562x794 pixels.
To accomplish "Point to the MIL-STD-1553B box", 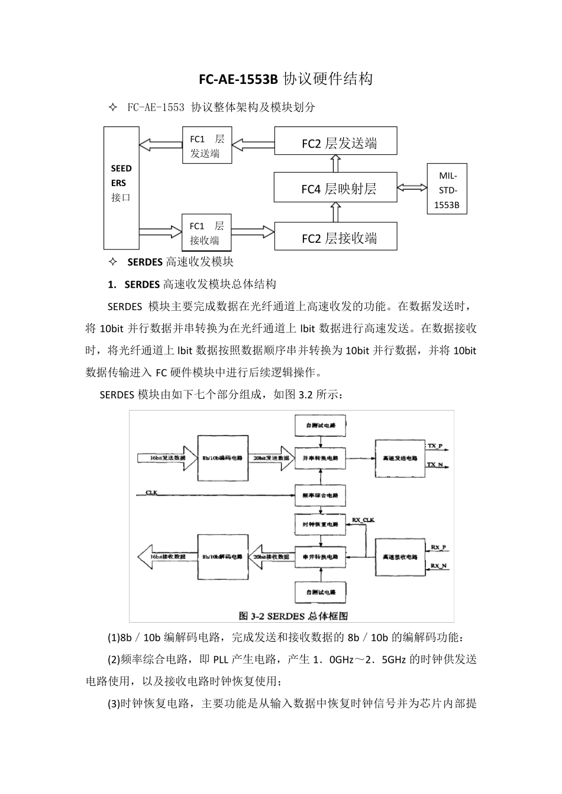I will point(447,189).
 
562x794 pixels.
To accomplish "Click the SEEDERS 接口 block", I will point(121,187).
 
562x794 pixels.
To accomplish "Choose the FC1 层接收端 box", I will point(206,233).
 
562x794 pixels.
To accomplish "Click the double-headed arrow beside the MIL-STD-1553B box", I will point(412,187).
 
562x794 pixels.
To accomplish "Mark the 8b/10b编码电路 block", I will point(222,458).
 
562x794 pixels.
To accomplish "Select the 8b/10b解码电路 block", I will point(222,557).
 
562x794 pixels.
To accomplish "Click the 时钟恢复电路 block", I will point(320,524).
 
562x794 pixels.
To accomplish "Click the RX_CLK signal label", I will point(363,520).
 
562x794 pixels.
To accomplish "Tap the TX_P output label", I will point(435,445).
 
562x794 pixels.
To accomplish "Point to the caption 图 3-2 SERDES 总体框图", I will point(293,616).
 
